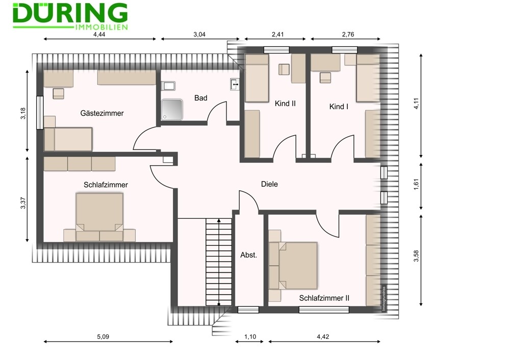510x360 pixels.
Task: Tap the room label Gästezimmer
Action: point(102,113)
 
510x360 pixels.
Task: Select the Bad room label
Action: point(200,98)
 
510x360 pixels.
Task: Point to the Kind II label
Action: point(285,104)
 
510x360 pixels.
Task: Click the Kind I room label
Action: point(339,107)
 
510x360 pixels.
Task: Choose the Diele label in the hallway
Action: point(269,184)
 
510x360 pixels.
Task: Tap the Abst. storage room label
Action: point(248,255)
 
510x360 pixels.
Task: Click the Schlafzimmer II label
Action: point(324,298)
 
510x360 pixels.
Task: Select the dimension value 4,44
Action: point(99,34)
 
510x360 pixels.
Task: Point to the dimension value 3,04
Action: point(199,34)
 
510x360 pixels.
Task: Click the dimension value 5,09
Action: point(103,337)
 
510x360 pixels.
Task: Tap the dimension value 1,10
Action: point(250,337)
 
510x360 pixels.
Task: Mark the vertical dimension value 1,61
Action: point(417,184)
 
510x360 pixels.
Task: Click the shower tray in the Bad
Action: point(172,110)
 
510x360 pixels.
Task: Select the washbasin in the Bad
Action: point(235,84)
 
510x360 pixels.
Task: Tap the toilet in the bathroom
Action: point(168,86)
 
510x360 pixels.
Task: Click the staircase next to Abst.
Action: point(219,262)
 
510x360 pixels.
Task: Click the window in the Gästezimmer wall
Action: point(40,113)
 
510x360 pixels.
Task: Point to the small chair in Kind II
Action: point(284,69)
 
